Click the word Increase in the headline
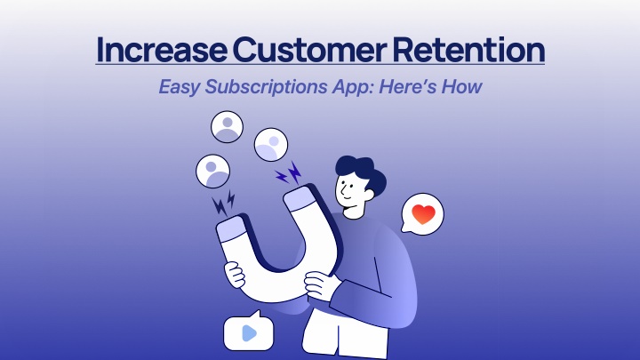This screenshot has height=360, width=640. pos(161,50)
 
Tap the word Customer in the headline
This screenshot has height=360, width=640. pos(309,50)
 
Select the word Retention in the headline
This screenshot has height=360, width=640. pos(468,50)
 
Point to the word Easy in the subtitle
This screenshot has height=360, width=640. pos(180,87)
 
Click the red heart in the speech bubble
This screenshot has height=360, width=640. pos(423,214)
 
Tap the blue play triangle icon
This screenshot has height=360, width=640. pos(249,333)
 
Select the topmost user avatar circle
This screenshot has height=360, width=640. pos(227,126)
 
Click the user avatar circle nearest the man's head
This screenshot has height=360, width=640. pos(271,145)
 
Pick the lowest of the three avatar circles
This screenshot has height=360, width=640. pos(212,171)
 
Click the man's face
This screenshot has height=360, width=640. pos(348,192)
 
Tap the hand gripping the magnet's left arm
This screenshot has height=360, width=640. pos(235,275)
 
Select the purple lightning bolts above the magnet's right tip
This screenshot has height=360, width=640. pos(289,173)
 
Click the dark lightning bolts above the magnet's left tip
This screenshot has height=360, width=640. pos(224,203)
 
